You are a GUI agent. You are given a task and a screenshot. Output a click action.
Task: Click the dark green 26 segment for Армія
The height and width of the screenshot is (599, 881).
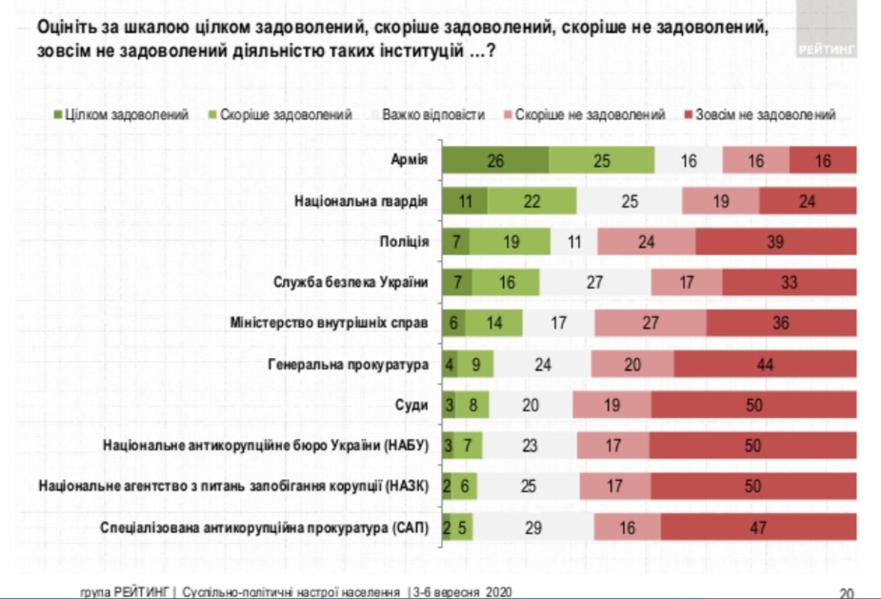pyautogui.click(x=494, y=161)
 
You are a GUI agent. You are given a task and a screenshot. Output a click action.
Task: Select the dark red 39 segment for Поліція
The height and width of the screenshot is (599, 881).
pyautogui.click(x=775, y=242)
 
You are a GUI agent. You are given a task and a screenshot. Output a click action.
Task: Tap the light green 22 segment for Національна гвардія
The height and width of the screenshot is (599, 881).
pyautogui.click(x=531, y=201)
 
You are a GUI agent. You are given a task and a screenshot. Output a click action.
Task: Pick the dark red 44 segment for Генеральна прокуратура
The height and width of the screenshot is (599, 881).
pyautogui.click(x=766, y=363)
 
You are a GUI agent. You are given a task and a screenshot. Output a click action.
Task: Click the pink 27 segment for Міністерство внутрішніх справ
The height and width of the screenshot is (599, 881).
pyautogui.click(x=651, y=323)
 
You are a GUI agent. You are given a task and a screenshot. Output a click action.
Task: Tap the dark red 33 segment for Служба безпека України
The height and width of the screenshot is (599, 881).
pyautogui.click(x=789, y=282)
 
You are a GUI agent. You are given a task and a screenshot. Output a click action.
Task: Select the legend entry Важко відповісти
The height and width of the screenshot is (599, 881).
pyautogui.click(x=433, y=115)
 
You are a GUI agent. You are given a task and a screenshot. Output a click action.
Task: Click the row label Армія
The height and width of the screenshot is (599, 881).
pyautogui.click(x=410, y=161)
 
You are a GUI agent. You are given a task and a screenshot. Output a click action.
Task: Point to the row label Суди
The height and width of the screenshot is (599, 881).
pyautogui.click(x=413, y=404)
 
